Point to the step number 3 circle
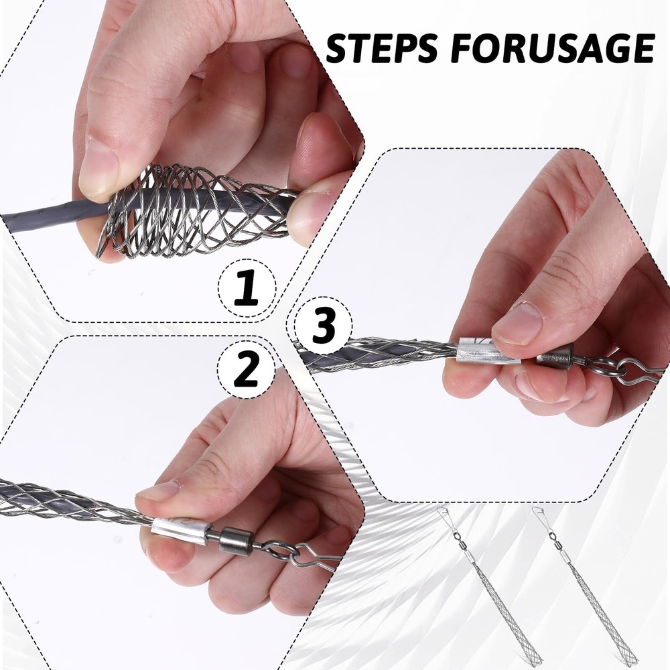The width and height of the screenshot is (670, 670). coord(324,327)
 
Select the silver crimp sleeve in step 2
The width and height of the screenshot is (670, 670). coord(180,529)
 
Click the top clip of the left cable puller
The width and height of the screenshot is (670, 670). coord(445,517)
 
